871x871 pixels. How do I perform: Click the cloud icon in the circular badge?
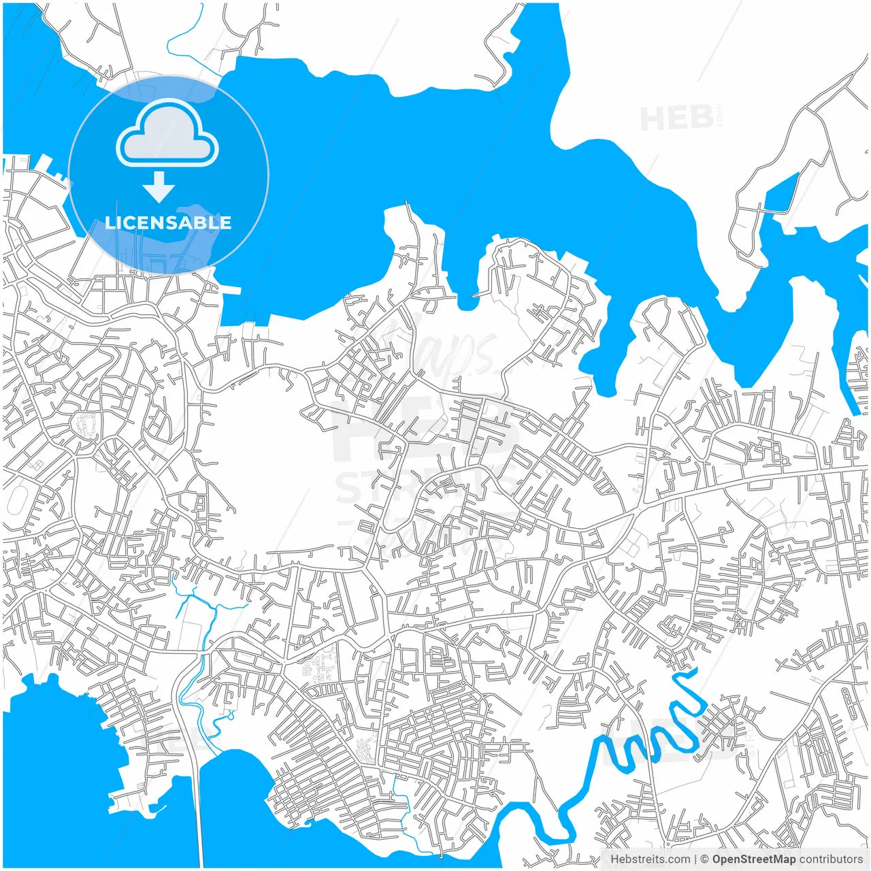[167, 133]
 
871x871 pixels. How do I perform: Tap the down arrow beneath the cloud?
[159, 187]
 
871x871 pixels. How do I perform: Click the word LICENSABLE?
[168, 223]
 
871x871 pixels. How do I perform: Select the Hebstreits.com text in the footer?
[650, 859]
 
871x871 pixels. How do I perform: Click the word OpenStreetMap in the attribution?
[753, 859]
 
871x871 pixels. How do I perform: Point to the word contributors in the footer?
[830, 859]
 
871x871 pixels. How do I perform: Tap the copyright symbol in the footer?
[705, 859]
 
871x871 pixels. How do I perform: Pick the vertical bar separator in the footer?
[695, 859]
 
